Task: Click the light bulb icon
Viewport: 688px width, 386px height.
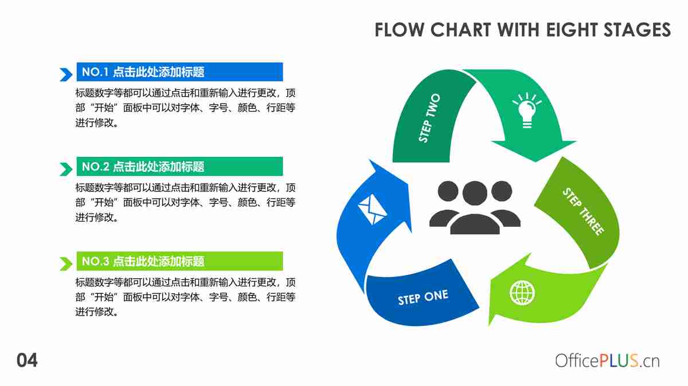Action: point(526,110)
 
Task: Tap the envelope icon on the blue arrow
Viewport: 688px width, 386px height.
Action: point(372,209)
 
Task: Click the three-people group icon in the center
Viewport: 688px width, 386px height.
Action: point(475,207)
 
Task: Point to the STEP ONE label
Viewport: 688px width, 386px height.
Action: point(423,298)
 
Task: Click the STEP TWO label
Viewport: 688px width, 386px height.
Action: point(429,119)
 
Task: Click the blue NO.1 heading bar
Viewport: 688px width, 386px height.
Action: point(179,72)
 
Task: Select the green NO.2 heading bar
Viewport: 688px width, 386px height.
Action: point(179,167)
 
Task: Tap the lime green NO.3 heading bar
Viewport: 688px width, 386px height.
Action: point(179,261)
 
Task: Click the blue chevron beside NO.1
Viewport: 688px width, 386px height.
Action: point(65,74)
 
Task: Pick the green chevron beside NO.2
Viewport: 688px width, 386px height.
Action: point(65,169)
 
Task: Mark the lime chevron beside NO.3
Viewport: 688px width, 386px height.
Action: point(65,263)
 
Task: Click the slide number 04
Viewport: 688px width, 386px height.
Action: point(26,361)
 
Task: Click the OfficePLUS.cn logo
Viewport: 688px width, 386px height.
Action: point(607,361)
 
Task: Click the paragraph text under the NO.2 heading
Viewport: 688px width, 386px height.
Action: point(185,202)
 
